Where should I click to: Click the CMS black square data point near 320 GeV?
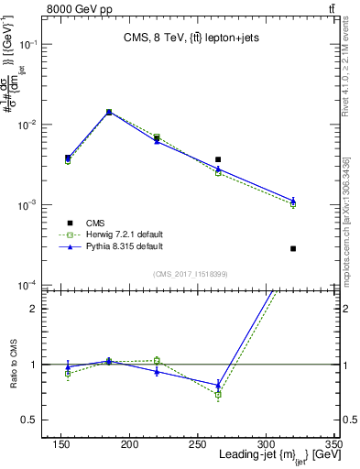[293, 248]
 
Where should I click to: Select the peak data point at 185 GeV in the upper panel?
[109, 112]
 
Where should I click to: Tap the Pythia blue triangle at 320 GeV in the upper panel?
[293, 200]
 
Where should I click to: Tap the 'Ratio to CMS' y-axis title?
[15, 365]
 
